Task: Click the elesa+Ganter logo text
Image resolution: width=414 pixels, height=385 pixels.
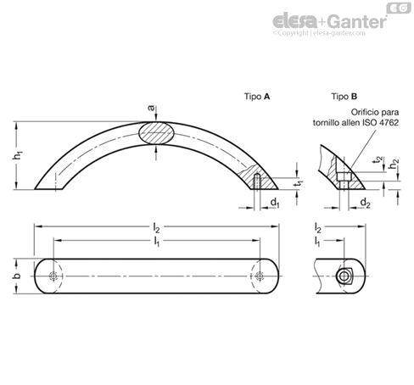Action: pos(330,21)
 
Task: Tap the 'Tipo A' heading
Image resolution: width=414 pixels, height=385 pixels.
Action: pos(257,97)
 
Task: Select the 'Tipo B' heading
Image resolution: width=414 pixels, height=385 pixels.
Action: pos(344,97)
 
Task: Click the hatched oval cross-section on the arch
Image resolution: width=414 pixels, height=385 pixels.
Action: pos(156,133)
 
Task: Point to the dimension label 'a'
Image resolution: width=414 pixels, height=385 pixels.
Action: pos(152,108)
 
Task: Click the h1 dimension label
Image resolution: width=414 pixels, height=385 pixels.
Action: pos(18,155)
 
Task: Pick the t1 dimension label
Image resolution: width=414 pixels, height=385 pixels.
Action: pos(298,183)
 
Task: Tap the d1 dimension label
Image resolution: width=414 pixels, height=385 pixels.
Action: pos(275,203)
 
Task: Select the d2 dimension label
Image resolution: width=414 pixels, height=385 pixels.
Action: pos(365,203)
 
